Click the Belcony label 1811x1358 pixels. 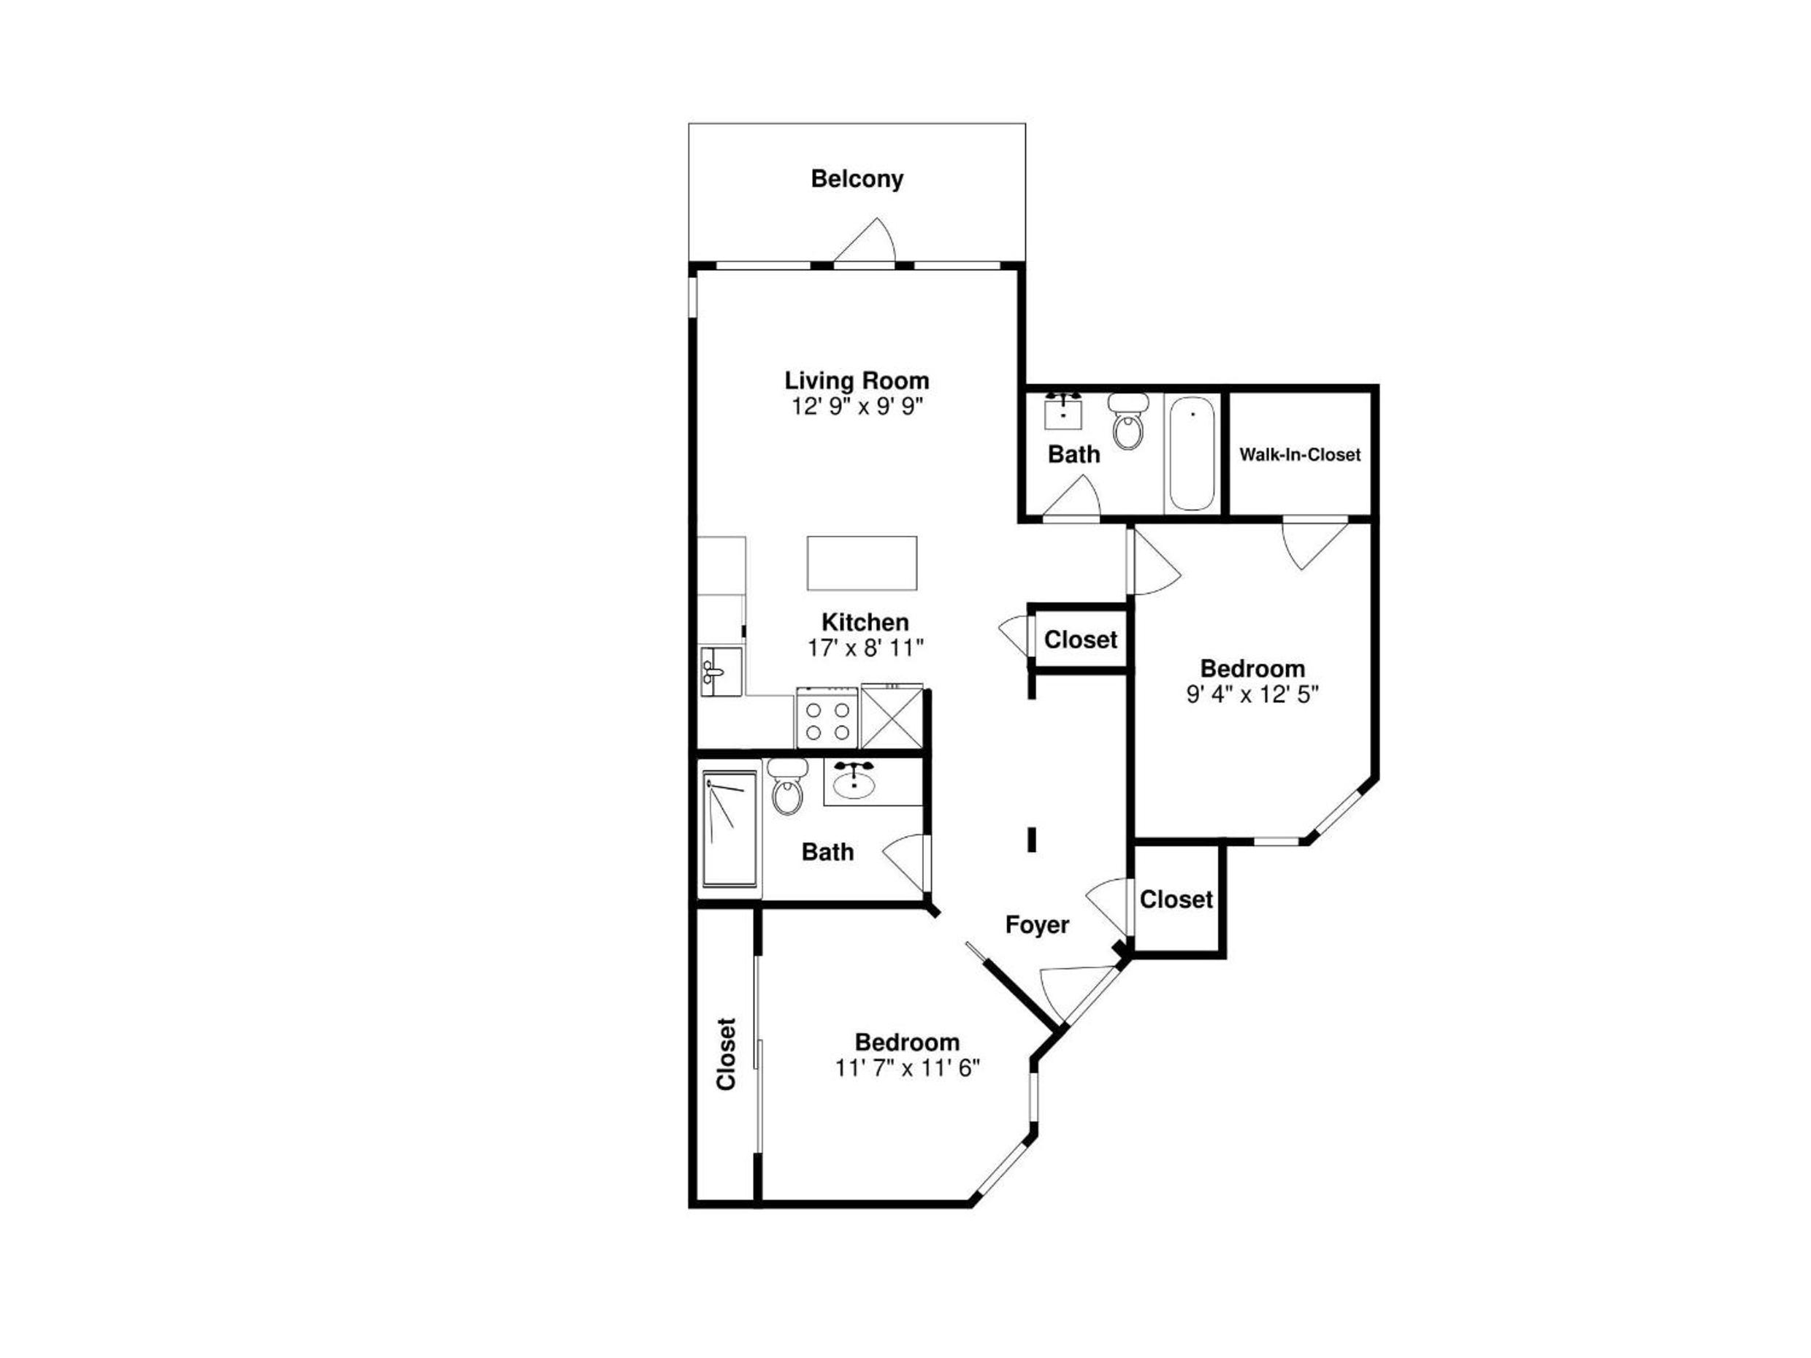857,178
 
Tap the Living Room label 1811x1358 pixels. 857,380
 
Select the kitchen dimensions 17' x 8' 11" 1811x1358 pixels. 865,648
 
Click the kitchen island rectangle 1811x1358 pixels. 861,563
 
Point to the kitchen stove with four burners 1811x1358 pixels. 827,718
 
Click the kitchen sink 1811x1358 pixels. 721,671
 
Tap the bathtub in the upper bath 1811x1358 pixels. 1191,453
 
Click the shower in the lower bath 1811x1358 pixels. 730,829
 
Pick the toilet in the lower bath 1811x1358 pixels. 788,786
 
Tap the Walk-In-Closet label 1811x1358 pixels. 1299,454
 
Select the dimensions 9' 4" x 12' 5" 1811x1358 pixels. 1252,694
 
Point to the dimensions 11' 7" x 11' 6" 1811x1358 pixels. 907,1068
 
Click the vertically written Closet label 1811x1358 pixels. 726,1054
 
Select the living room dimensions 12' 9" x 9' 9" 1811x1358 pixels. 857,406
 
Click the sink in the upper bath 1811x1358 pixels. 1063,411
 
